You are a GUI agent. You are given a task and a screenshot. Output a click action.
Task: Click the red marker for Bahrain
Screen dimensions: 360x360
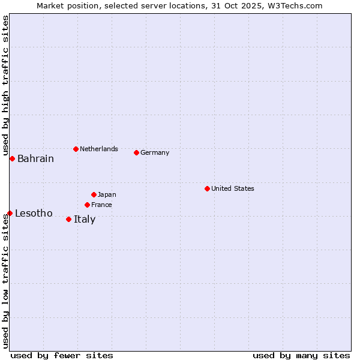pyautogui.click(x=12, y=158)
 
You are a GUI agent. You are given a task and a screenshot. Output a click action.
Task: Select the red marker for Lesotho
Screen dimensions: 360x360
pyautogui.click(x=10, y=213)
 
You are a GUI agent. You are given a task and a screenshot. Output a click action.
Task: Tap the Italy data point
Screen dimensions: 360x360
pyautogui.click(x=68, y=219)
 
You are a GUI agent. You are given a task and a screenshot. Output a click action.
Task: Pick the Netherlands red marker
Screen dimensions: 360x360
pyautogui.click(x=76, y=149)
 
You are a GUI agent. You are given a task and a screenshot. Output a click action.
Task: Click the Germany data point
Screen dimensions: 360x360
pyautogui.click(x=136, y=152)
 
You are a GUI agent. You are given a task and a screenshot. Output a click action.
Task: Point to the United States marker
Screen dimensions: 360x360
pyautogui.click(x=207, y=188)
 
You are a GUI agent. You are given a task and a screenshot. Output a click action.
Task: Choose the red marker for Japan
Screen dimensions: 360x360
pyautogui.click(x=94, y=194)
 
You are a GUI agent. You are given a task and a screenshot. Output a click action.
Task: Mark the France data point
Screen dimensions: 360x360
pyautogui.click(x=87, y=205)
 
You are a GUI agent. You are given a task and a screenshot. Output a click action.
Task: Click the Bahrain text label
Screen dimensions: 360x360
pyautogui.click(x=35, y=159)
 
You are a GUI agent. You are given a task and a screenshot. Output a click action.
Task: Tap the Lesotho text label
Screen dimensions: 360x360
pyautogui.click(x=34, y=214)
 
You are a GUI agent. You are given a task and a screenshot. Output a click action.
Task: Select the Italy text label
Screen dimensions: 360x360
pyautogui.click(x=85, y=220)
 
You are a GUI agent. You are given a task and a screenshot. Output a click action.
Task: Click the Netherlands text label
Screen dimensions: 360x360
pyautogui.click(x=99, y=149)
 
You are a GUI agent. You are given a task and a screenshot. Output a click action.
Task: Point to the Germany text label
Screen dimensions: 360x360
pyautogui.click(x=155, y=152)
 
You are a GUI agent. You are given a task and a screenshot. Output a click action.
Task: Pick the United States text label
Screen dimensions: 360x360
pyautogui.click(x=233, y=188)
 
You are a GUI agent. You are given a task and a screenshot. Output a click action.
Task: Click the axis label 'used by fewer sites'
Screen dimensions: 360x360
pyautogui.click(x=62, y=355)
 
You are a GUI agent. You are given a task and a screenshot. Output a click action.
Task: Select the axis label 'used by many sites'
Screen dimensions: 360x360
pyautogui.click(x=301, y=355)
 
